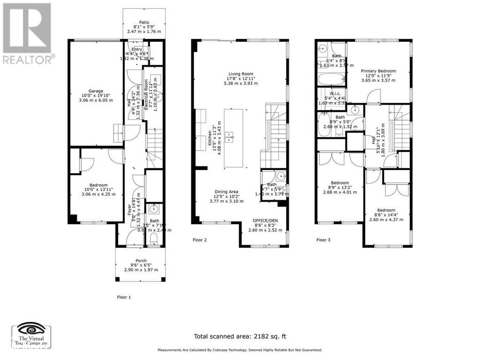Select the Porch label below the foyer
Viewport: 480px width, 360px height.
click(x=141, y=261)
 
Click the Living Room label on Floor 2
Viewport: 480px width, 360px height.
click(x=241, y=74)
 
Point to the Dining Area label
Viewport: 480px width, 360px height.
click(x=227, y=192)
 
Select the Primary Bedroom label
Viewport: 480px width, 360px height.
click(x=378, y=71)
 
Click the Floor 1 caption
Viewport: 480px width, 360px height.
click(x=124, y=297)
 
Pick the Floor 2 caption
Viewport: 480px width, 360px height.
click(x=200, y=240)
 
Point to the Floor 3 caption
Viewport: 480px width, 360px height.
click(x=323, y=240)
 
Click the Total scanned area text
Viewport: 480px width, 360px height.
click(x=240, y=336)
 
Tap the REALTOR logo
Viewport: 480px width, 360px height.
click(x=27, y=33)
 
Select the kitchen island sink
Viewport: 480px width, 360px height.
click(x=230, y=137)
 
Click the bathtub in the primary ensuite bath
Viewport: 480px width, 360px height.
click(x=331, y=78)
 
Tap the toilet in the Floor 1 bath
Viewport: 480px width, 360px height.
click(x=154, y=240)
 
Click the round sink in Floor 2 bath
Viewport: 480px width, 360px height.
click(x=281, y=177)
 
